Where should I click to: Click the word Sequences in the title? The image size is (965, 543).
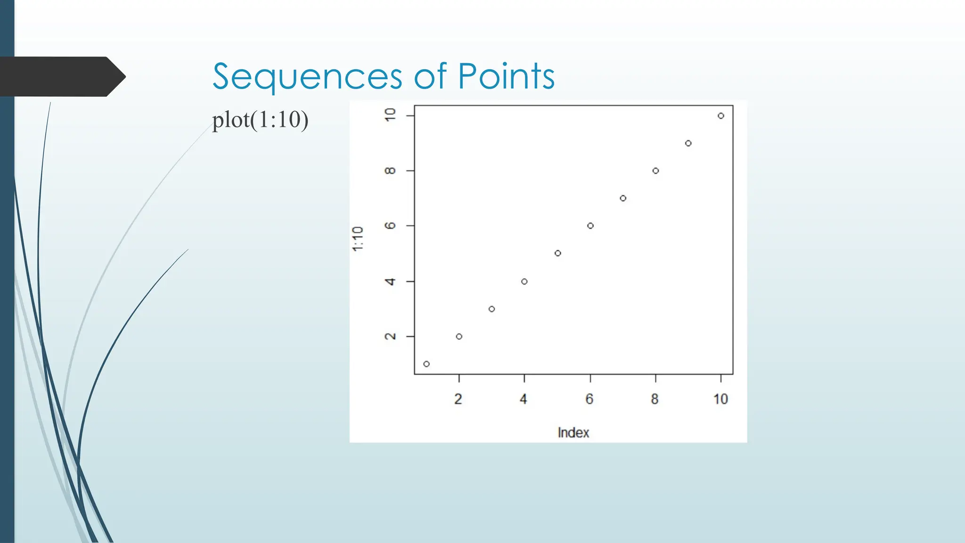[307, 76]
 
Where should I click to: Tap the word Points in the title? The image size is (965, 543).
[507, 76]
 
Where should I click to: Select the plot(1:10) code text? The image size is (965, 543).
[260, 120]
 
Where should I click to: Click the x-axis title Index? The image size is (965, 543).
[573, 432]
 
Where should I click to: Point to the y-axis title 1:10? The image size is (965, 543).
[358, 239]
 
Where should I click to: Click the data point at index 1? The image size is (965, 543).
[426, 364]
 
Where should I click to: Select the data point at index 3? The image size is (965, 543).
[491, 309]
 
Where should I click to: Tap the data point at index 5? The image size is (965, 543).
[557, 253]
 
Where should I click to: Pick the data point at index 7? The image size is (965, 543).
[623, 198]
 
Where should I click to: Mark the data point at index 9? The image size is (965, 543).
[688, 143]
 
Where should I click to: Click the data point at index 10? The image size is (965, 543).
[721, 116]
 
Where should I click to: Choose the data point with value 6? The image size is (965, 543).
[590, 226]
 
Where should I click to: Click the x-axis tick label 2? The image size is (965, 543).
[458, 399]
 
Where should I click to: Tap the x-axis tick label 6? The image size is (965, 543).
[589, 399]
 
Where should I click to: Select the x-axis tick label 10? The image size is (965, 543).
[720, 399]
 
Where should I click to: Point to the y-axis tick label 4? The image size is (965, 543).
[390, 281]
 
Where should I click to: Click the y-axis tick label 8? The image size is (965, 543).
[390, 171]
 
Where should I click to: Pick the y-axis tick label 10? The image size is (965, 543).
[390, 115]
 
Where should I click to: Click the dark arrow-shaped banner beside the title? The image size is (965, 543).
[61, 76]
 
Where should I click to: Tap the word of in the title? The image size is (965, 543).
[430, 76]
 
